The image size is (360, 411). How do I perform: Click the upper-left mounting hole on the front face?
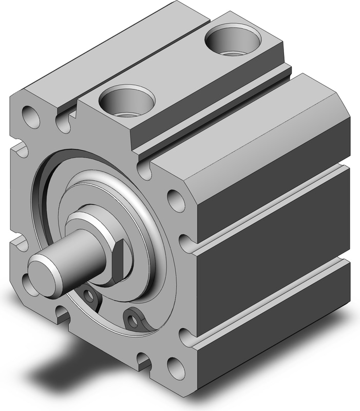tap(30, 116)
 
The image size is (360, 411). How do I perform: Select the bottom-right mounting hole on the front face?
tap(176, 368)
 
